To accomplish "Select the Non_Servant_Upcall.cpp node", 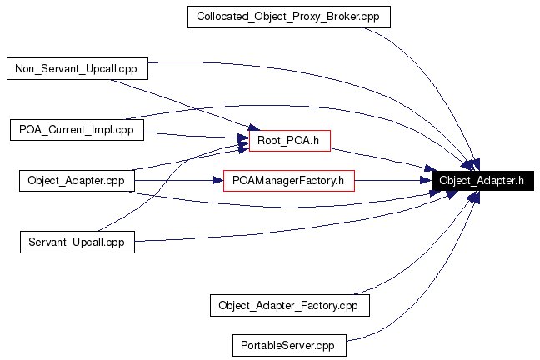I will coord(77,68).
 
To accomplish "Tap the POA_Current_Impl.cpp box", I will coord(77,129).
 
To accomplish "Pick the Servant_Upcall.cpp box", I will coord(77,242).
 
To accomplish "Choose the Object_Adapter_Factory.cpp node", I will coord(288,304).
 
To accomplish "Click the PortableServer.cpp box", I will coord(288,343).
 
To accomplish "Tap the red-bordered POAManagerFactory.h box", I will coord(289,180).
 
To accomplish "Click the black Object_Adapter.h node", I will coord(482,180).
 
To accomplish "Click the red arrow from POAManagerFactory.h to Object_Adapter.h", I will coord(392,180).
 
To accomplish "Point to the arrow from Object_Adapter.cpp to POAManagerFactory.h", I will coord(179,180).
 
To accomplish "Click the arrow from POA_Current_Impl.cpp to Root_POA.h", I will coord(196,134).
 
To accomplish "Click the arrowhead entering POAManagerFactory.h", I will coord(217,180).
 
